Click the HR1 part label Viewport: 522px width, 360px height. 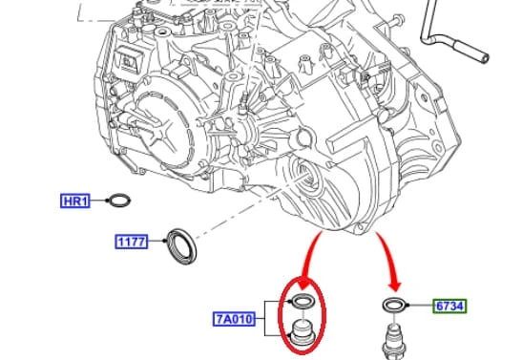tap(75, 201)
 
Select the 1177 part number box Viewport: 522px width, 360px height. tap(132, 242)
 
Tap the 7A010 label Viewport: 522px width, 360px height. tap(234, 319)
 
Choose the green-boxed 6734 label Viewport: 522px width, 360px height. tap(449, 306)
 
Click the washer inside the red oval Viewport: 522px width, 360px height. tap(303, 302)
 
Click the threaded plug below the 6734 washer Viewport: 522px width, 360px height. tap(394, 341)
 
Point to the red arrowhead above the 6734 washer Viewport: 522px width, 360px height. tap(395, 286)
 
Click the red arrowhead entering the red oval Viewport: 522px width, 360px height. tap(304, 283)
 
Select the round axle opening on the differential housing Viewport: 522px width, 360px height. tap(307, 176)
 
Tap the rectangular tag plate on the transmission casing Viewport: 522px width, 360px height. tap(128, 60)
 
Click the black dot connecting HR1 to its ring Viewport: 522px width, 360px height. tap(107, 201)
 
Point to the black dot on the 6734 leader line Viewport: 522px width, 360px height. tap(408, 306)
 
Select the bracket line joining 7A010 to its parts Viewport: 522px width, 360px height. tap(265, 318)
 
